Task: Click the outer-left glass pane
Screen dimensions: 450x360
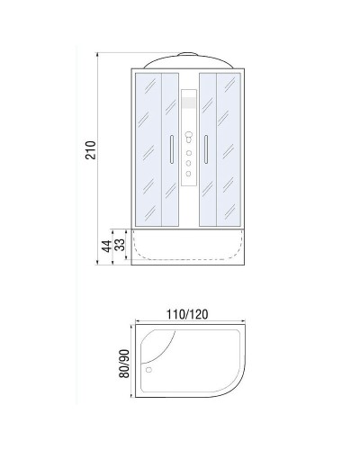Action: (x=148, y=148)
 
